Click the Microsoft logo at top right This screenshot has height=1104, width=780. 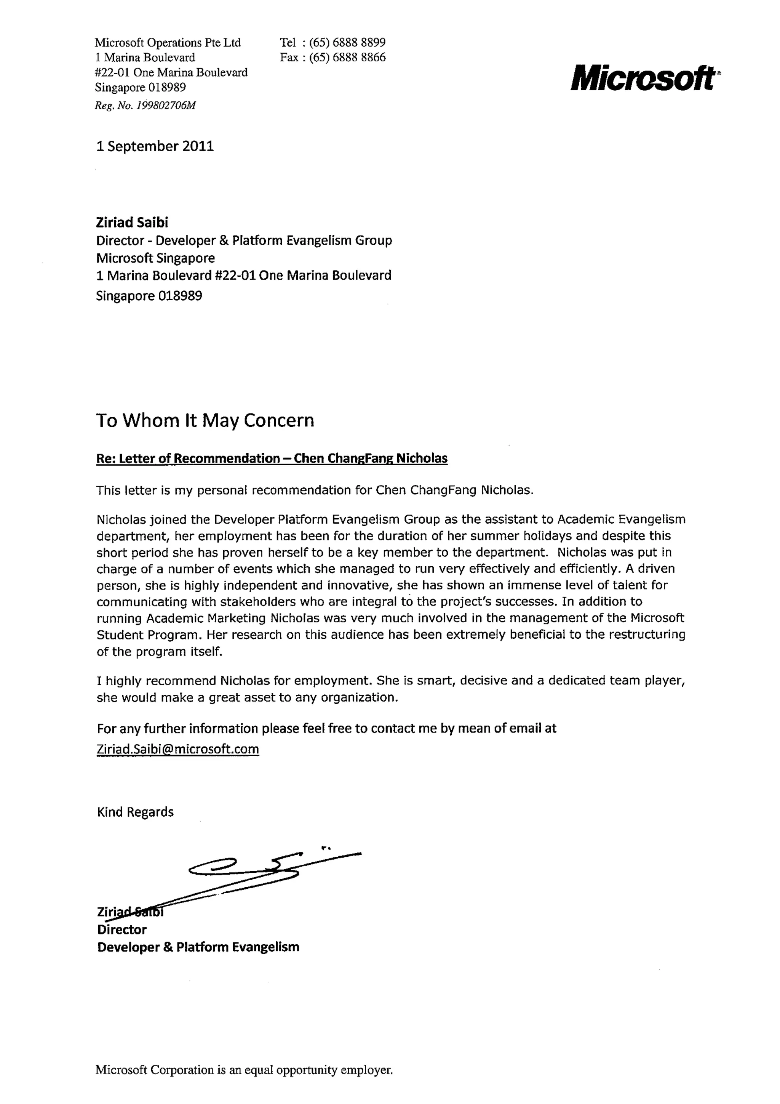[x=643, y=78]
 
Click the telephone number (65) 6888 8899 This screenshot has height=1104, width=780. [x=347, y=42]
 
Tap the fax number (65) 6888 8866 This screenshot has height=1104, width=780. [x=347, y=58]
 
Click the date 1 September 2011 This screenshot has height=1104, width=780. [x=155, y=146]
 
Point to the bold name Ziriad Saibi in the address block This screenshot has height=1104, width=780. [x=132, y=223]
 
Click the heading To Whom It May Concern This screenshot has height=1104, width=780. [x=205, y=421]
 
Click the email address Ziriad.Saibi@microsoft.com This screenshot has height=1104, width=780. [x=178, y=749]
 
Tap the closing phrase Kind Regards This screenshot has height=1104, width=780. [x=135, y=812]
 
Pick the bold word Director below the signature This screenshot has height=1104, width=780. [x=121, y=929]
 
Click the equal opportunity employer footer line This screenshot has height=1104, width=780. [x=244, y=1083]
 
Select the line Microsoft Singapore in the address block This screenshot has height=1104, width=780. [x=155, y=258]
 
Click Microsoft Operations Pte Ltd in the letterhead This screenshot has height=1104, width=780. [x=168, y=43]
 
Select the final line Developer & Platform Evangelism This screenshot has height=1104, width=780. [x=198, y=947]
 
